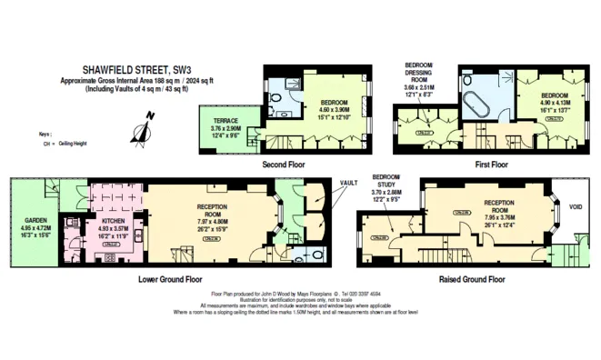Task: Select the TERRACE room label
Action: point(226,119)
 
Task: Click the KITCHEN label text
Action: point(114,220)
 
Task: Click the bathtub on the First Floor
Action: point(477,106)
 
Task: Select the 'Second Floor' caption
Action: point(283,165)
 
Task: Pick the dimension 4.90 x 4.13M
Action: point(555,103)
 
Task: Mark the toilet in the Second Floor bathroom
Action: point(284,114)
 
